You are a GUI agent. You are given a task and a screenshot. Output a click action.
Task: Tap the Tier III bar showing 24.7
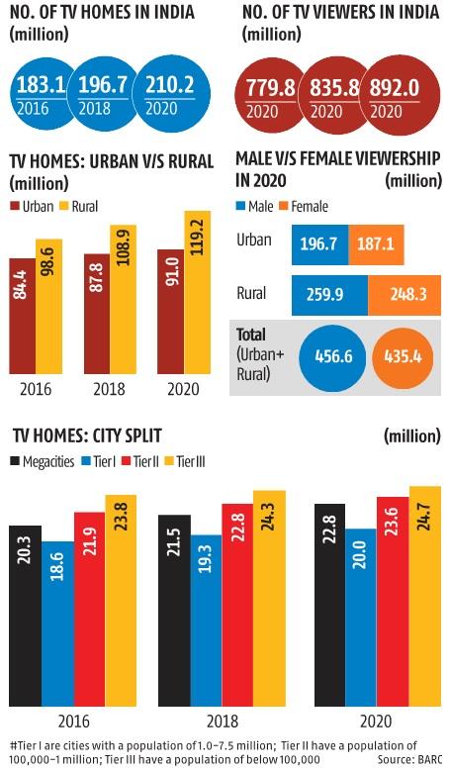424,599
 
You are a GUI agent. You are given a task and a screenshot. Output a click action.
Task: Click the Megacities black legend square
15,461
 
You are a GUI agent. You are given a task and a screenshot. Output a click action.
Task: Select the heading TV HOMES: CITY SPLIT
89,436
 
